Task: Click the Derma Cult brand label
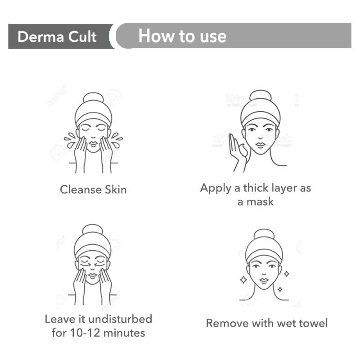coord(57,36)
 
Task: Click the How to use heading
coord(182,36)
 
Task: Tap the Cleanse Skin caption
coord(93,189)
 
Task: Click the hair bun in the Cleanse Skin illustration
coord(93,99)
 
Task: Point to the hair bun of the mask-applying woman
coord(260,97)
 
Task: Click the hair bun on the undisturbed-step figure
coord(93,230)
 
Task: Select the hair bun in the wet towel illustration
coord(264,235)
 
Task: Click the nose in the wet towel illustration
coord(264,273)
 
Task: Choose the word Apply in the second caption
coord(216,188)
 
